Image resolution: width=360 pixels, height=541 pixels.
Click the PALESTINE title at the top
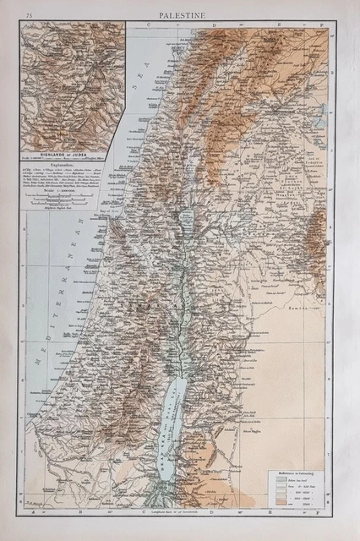[179, 14]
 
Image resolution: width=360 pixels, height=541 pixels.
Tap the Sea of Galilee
[188, 224]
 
